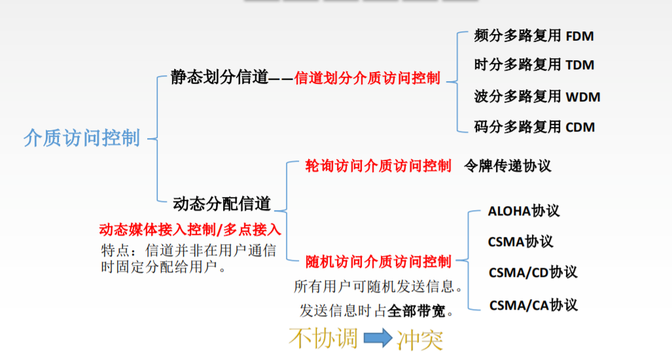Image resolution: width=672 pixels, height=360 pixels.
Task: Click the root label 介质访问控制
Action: pos(82,138)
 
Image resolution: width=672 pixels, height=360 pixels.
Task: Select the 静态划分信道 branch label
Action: pos(220,77)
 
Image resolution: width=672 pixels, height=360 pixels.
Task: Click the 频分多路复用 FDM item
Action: pos(534,35)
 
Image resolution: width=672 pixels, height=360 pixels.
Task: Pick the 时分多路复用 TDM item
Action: pos(534,65)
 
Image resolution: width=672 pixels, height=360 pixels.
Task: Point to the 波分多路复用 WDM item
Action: pos(537,97)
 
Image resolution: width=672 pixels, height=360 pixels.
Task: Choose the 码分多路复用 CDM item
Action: pos(534,126)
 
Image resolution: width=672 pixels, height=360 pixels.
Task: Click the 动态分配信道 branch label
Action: pos(222,204)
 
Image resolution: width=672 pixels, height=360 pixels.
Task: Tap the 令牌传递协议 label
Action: pos(507,166)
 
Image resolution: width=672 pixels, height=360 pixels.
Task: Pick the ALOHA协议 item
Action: pos(523,211)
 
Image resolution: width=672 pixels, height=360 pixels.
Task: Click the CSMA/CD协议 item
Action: pos(533,272)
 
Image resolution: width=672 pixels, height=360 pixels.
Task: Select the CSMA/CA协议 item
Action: pos(533,305)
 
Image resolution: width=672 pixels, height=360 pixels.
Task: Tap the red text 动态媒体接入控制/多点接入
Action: pos(190,230)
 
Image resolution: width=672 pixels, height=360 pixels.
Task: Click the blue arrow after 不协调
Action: pos(378,338)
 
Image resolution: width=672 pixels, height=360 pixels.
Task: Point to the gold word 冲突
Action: pos(419,338)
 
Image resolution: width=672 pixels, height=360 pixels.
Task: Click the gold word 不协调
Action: pos(323,338)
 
